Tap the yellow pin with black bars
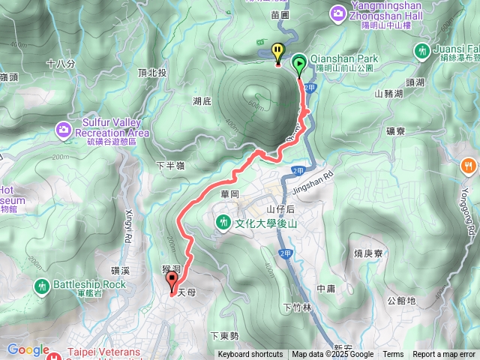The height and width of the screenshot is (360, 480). (x=278, y=53)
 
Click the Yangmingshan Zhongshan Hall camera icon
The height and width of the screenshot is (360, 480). (x=339, y=13)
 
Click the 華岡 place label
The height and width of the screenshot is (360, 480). (x=229, y=193)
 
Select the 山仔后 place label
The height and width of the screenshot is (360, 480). (x=279, y=209)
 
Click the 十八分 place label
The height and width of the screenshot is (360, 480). (x=61, y=64)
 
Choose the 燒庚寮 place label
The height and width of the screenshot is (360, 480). (x=368, y=253)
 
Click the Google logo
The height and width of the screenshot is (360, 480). (x=28, y=349)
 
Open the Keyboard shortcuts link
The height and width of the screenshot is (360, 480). (x=250, y=355)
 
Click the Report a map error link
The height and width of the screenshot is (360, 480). (x=444, y=355)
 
